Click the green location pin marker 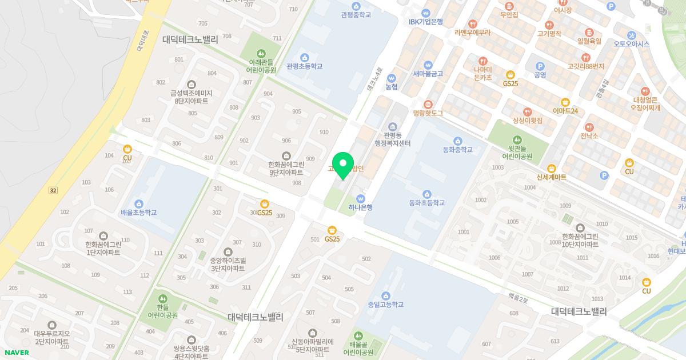[343, 165]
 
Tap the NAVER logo [16, 353]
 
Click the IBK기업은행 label [426, 22]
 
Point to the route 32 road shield [53, 190]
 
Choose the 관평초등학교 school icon [304, 57]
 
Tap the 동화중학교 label [457, 150]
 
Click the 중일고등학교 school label [385, 305]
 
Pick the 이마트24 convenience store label [565, 110]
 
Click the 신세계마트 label [552, 177]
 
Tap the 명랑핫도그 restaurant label [428, 113]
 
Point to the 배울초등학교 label [138, 213]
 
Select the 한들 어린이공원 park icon [163, 298]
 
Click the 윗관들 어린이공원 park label [517, 152]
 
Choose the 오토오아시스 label [632, 44]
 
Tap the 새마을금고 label [428, 74]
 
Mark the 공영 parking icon [540, 66]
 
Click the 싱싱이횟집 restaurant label [527, 121]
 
